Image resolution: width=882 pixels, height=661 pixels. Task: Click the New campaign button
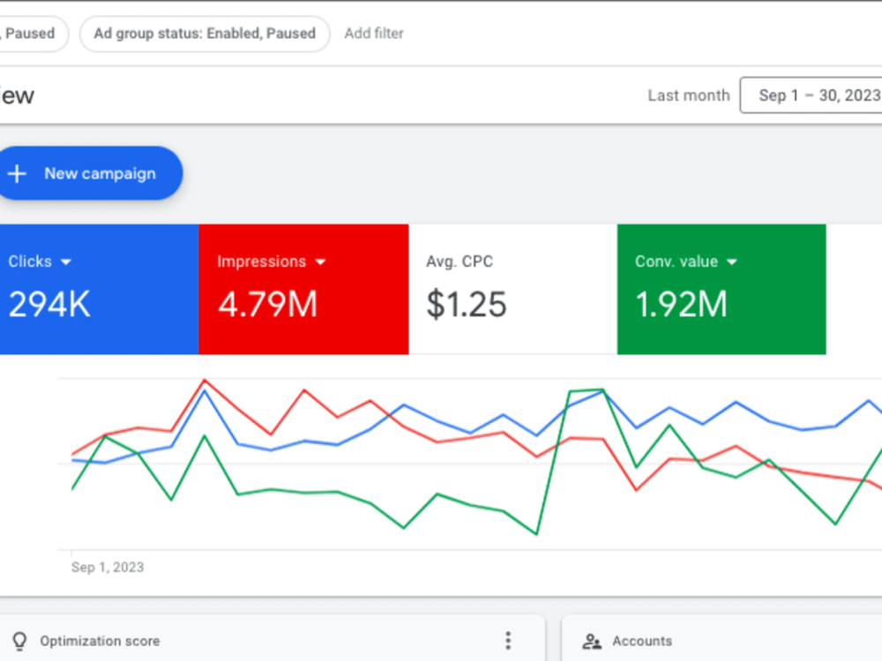pos(90,173)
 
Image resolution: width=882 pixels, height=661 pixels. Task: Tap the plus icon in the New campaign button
pos(17,174)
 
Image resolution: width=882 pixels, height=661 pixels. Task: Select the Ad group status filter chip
pos(205,33)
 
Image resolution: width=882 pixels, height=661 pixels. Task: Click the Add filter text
pos(374,33)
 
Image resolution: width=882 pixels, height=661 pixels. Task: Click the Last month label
pos(689,95)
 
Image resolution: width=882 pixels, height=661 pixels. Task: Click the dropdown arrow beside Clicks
pos(66,262)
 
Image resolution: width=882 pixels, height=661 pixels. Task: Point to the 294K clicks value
pos(49,305)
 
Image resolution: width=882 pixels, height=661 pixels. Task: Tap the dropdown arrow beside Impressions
pos(321,262)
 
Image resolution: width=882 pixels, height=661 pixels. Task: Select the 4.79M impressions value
pos(268,305)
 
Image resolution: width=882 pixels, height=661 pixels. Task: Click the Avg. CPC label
pos(460,262)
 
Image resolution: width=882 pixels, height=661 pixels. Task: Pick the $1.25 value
pos(467,305)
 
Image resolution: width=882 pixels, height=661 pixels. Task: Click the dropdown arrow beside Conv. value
pos(732,262)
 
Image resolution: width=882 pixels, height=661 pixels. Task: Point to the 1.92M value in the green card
pos(681,305)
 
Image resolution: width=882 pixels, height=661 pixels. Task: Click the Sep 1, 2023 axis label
pos(108,567)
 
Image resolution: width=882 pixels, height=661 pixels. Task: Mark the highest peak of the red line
pos(205,381)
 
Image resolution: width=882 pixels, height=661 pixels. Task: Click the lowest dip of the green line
pos(536,533)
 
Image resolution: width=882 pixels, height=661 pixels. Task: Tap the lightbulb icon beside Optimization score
pos(19,641)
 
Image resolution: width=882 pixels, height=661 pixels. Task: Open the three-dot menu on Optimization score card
pos(508,641)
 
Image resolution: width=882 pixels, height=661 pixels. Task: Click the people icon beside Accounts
pos(592,642)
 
